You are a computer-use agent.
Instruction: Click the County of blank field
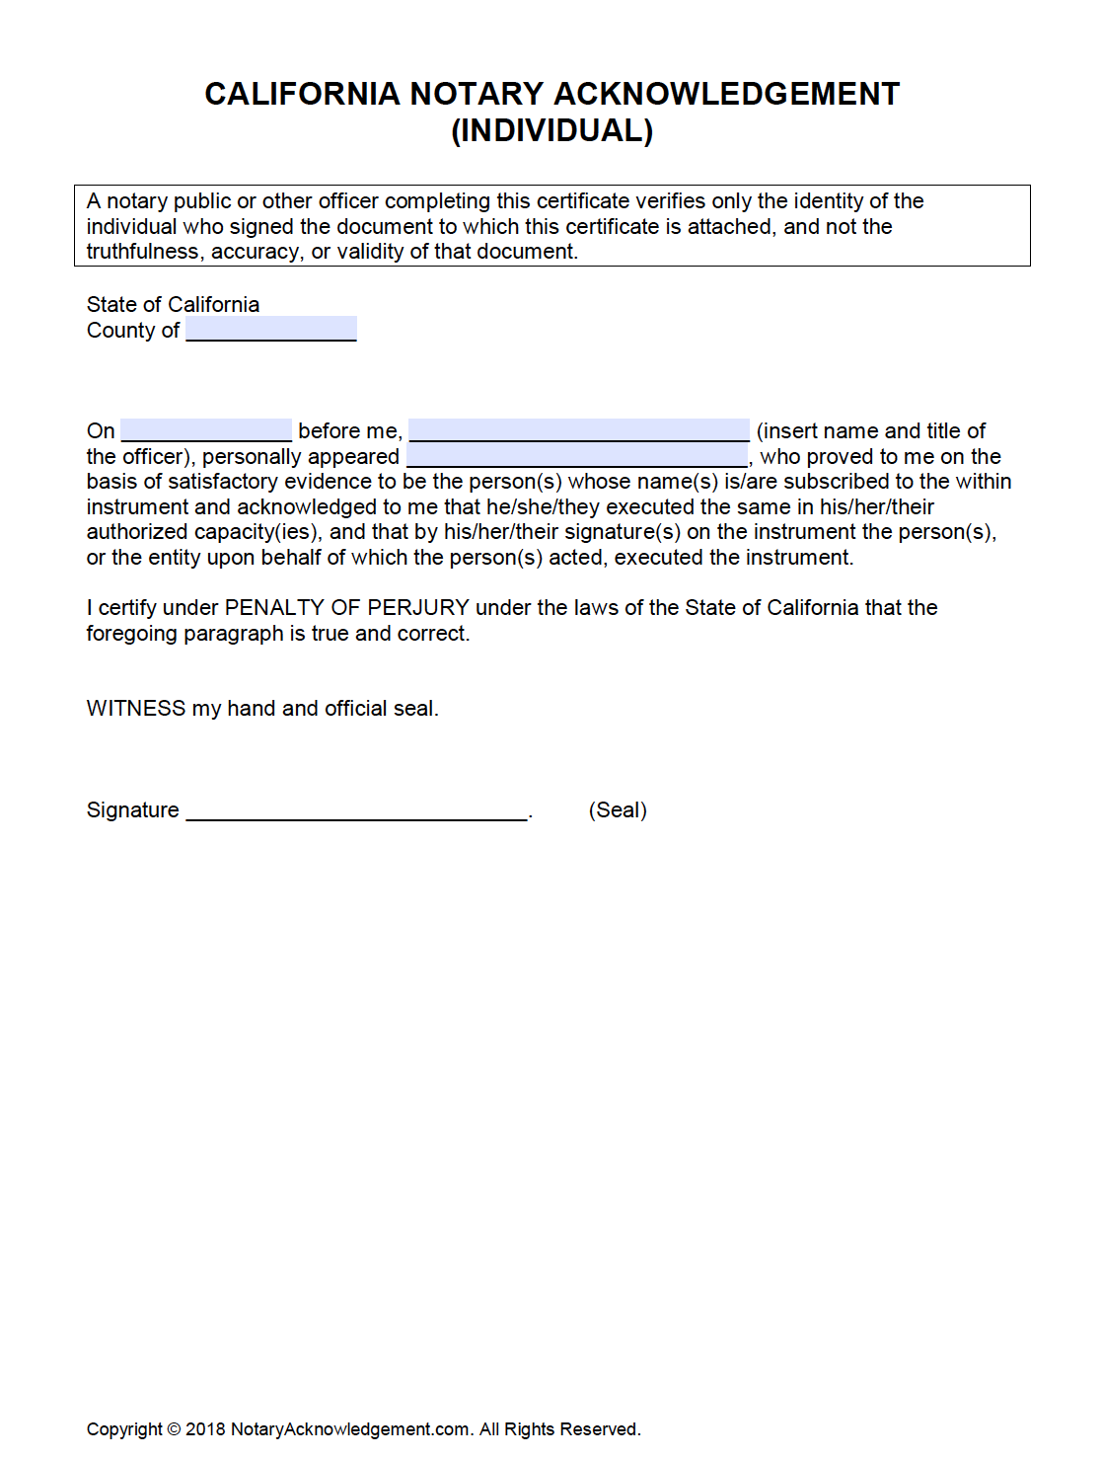271,329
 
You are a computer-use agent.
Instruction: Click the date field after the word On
206,430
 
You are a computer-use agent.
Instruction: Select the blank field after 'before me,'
579,430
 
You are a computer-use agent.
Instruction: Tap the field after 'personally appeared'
577,456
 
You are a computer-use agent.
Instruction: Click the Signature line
356,809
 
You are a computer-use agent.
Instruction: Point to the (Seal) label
618,809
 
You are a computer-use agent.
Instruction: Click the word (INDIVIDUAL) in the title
551,130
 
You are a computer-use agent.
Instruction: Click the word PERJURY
418,607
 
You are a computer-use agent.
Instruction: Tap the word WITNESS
136,708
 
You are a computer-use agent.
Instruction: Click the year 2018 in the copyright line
205,1428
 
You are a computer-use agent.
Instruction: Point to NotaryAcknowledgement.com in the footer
350,1428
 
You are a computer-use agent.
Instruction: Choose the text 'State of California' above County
173,304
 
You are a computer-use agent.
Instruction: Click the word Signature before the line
132,809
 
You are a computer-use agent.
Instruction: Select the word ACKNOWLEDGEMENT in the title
726,94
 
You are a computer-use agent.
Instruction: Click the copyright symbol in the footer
174,1428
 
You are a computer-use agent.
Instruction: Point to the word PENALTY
274,607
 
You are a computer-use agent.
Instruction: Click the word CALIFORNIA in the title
302,94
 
